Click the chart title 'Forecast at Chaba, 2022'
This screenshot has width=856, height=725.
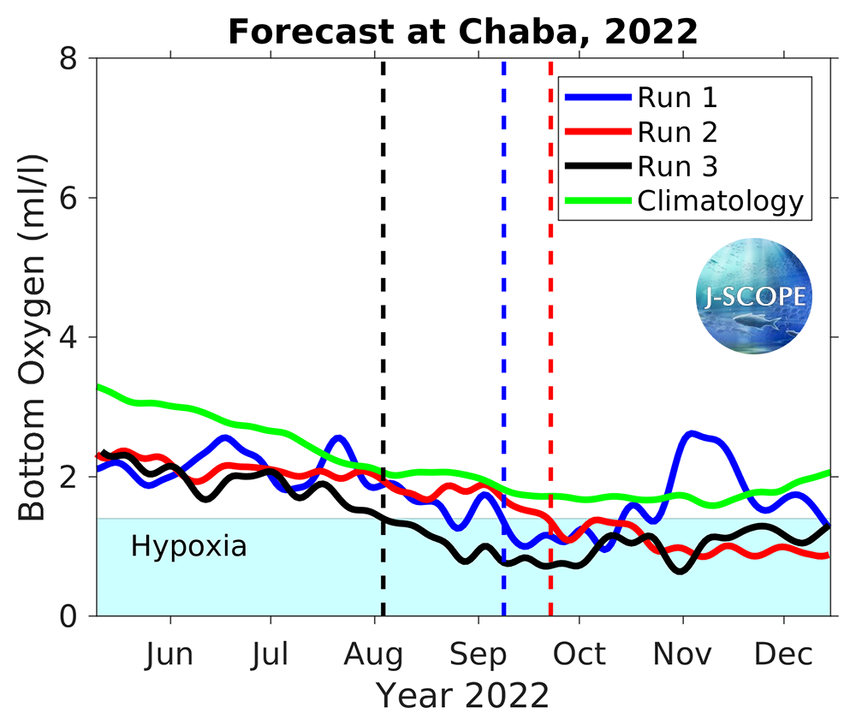click(x=462, y=33)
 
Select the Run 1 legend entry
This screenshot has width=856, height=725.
click(x=677, y=97)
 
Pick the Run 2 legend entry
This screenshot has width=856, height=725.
click(x=677, y=132)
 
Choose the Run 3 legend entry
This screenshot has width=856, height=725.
click(x=677, y=166)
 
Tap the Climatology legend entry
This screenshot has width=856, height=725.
click(x=720, y=201)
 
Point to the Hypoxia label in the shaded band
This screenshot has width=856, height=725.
click(x=188, y=546)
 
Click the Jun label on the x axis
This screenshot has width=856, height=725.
click(x=169, y=655)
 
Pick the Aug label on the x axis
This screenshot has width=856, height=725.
click(x=374, y=655)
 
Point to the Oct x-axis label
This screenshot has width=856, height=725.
click(x=580, y=655)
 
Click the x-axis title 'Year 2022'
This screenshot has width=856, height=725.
click(x=462, y=696)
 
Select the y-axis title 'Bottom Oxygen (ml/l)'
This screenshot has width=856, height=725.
click(x=33, y=336)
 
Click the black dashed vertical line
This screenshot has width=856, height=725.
click(x=383, y=257)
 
